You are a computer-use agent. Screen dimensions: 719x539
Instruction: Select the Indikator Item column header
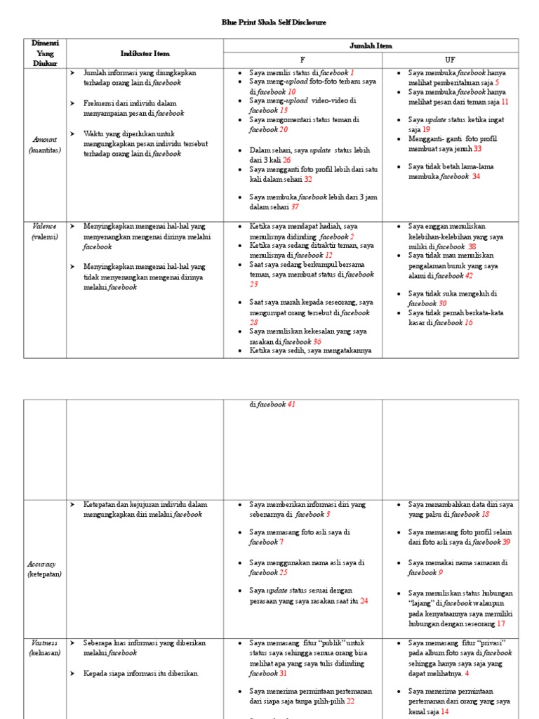tap(145, 53)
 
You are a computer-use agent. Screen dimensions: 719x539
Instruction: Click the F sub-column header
tap(302, 60)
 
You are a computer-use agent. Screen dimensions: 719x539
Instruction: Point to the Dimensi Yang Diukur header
tap(45, 53)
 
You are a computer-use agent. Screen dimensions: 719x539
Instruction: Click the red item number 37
tap(295, 207)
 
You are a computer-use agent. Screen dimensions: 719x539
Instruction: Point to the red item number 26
tap(286, 160)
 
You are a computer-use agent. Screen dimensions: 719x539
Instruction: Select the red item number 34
tap(476, 176)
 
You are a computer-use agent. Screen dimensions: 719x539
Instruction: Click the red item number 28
tap(254, 322)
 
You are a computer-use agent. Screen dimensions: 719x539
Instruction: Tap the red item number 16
tap(468, 322)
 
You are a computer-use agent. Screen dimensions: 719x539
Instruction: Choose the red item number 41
tap(291, 404)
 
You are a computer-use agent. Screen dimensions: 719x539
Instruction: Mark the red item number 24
tap(364, 601)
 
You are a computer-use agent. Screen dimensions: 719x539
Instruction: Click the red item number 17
tap(501, 624)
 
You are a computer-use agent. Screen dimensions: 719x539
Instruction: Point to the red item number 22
tap(350, 701)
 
